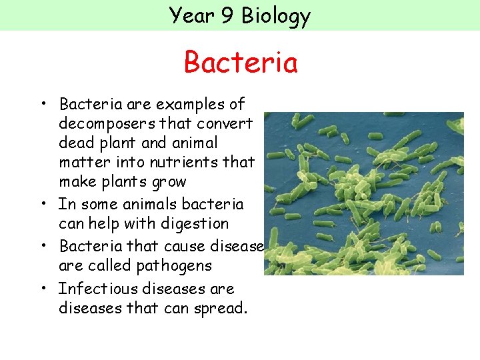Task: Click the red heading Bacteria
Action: tap(240, 63)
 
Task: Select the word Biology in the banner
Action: tap(276, 15)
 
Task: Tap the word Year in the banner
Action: tap(192, 15)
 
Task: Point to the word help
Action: tap(104, 224)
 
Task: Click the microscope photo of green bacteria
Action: tap(363, 193)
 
